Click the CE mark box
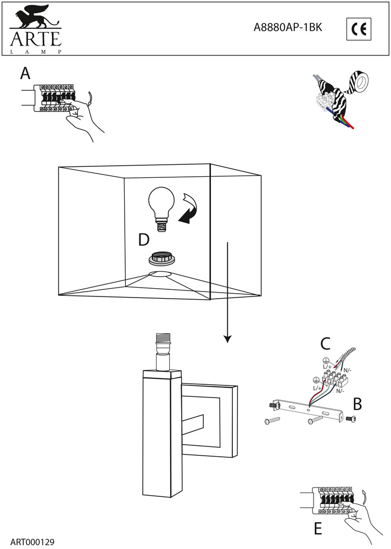(360, 29)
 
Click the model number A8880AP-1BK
(287, 29)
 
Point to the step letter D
(143, 239)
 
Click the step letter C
(325, 344)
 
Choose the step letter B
(357, 405)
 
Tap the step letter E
(317, 529)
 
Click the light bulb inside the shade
(161, 208)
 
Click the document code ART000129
(32, 541)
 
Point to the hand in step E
(360, 513)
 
